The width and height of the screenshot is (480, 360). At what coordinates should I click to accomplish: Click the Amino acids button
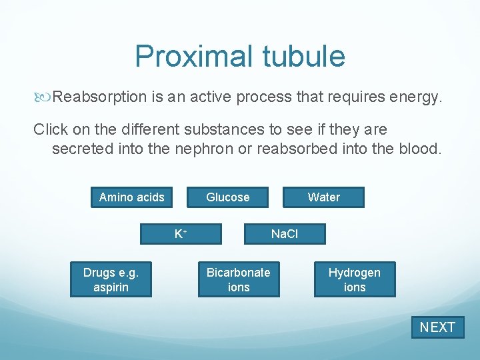click(x=131, y=197)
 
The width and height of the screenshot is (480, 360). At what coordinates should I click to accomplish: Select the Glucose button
click(x=227, y=197)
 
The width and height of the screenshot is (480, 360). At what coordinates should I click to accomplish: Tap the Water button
click(x=323, y=197)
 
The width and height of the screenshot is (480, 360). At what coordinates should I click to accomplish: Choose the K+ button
click(x=180, y=234)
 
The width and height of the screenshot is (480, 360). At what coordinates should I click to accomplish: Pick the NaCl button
click(x=285, y=234)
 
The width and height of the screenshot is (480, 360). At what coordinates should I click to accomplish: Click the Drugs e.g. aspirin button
click(x=111, y=279)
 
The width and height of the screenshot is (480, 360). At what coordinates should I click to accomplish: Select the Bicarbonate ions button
click(x=238, y=279)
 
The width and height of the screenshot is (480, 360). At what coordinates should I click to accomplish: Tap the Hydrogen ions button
click(x=354, y=279)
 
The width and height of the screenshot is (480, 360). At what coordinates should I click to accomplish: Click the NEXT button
click(x=437, y=327)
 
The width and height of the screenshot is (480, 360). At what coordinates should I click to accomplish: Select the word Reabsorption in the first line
click(x=100, y=97)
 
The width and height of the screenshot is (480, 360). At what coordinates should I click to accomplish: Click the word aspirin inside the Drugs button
click(x=111, y=287)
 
